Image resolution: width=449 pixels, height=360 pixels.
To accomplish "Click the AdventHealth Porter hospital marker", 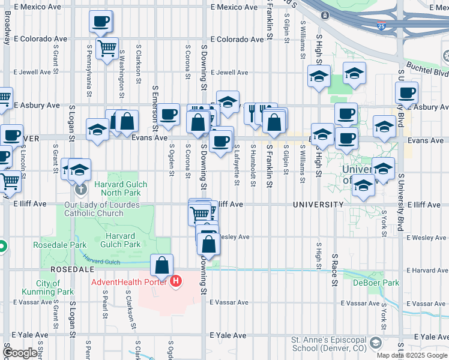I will [x=176, y=281].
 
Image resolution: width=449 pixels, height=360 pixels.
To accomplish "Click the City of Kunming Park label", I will [x=55, y=287].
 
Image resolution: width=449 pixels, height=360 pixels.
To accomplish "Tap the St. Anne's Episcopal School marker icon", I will [x=376, y=343].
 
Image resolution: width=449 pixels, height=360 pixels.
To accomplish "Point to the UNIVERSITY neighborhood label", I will [x=318, y=205].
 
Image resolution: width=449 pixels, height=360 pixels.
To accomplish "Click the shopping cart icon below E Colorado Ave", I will [x=107, y=47].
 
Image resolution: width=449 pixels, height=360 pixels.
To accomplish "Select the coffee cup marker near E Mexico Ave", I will [x=100, y=22].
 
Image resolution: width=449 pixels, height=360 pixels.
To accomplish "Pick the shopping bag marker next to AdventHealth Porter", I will [x=162, y=265].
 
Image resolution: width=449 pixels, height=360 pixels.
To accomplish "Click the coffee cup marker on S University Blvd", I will [x=406, y=93].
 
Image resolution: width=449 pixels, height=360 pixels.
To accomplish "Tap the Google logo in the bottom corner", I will [x=20, y=353].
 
